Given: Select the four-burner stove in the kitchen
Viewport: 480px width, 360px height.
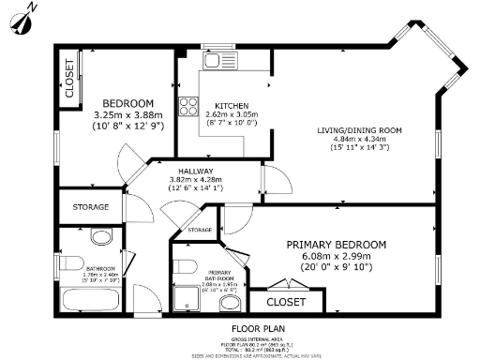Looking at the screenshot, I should [x=188, y=105].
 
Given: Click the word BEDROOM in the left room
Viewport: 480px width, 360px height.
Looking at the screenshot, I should [x=127, y=103].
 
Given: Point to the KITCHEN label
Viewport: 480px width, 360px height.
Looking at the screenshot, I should [x=231, y=105].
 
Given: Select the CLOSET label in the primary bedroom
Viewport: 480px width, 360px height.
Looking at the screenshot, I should [x=286, y=302].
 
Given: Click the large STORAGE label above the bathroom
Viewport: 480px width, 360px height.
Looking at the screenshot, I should [x=90, y=207].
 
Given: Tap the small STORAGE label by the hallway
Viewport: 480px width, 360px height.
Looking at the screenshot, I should [x=199, y=230].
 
